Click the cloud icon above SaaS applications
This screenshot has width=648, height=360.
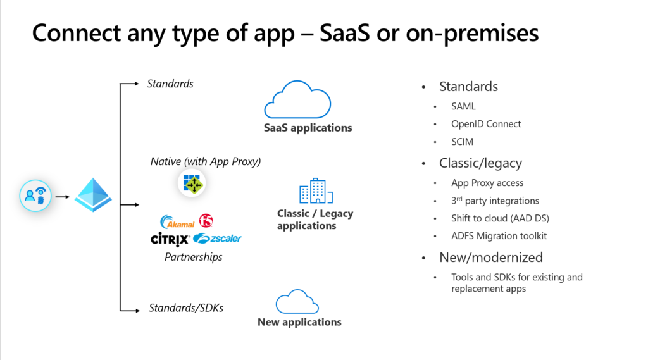(297, 99)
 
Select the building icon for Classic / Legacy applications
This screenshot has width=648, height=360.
(312, 191)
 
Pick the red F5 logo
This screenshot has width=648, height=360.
(206, 221)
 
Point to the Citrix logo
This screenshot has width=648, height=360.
(170, 239)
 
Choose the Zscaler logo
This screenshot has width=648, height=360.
(217, 239)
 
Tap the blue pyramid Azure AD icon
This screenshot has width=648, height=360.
(93, 195)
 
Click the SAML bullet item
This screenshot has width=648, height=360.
(463, 106)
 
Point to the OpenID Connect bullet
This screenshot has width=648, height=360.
(486, 124)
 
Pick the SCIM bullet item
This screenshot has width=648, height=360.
(462, 142)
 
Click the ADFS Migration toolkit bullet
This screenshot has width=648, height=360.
(499, 236)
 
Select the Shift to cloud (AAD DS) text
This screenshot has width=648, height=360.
(500, 218)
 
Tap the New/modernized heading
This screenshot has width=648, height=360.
(491, 258)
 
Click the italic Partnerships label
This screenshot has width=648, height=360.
(193, 257)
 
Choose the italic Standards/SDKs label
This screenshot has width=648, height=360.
(185, 308)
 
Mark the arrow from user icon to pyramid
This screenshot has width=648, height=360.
(63, 197)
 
